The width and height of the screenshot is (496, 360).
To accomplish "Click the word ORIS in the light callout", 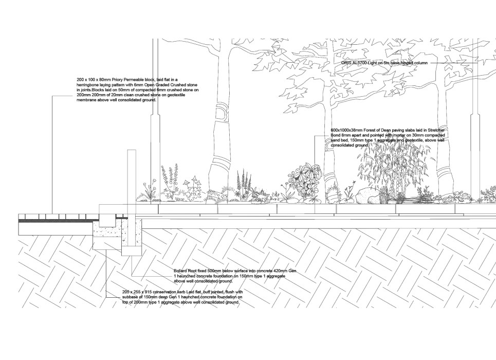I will (x=346, y=63).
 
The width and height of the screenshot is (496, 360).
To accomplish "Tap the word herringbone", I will (x=90, y=85).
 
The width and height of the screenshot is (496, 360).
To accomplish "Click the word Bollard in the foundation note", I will (x=182, y=271).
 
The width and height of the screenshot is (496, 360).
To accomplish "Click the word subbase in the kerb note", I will (x=131, y=297).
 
